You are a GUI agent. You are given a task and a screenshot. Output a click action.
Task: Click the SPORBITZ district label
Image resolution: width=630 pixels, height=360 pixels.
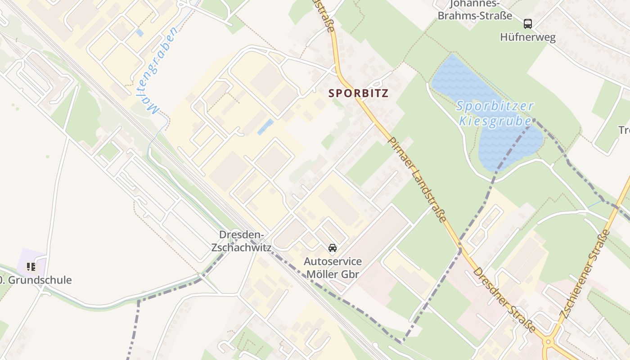(x=358, y=93)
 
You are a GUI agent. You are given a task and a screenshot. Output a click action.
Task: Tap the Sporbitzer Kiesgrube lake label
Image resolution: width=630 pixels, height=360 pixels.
(x=495, y=113)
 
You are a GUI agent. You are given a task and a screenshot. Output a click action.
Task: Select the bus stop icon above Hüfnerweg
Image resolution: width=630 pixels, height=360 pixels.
(x=527, y=23)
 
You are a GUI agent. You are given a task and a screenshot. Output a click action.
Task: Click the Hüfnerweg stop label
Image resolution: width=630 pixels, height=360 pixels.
(x=527, y=37)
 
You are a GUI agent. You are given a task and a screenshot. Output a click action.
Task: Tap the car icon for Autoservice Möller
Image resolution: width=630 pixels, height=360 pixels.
(x=333, y=248)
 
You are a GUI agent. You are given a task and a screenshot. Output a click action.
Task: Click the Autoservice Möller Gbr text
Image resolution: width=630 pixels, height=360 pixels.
(x=333, y=267)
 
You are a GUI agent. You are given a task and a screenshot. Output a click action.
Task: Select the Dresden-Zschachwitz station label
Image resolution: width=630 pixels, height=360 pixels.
(x=241, y=241)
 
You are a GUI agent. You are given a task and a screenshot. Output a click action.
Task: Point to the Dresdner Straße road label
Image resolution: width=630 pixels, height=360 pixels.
(x=504, y=300)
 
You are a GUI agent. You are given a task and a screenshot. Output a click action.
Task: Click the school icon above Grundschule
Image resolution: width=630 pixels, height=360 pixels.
(x=31, y=267)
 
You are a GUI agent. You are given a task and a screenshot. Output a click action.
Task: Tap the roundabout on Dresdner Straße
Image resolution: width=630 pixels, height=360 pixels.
(x=548, y=342)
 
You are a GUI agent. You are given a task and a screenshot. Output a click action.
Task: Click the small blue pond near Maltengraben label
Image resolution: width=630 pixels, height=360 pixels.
(x=139, y=33)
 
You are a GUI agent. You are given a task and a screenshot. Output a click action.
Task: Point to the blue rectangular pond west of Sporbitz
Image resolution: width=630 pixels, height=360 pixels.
(x=265, y=127)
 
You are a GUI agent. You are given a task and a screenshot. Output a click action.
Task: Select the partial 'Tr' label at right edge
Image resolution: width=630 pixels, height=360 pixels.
(x=624, y=130)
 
